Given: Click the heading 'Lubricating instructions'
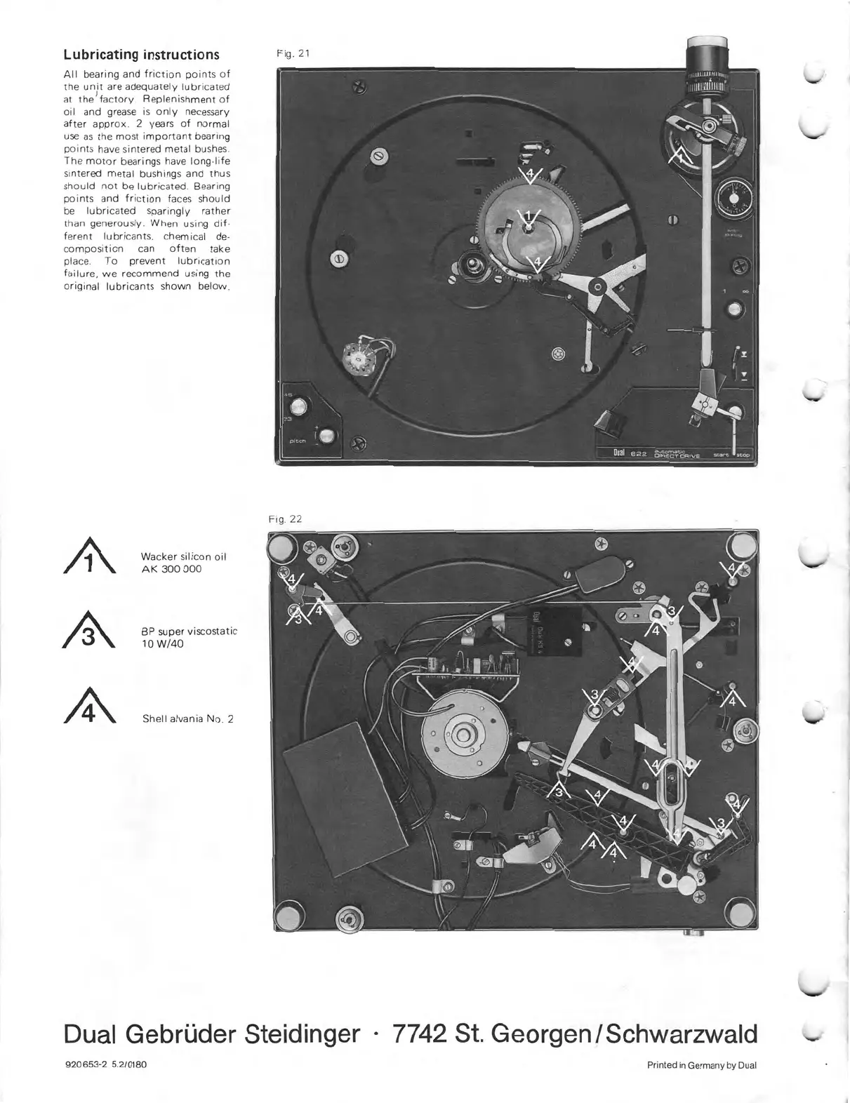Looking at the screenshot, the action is pyautogui.click(x=141, y=55).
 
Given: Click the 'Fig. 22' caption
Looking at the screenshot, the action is pyautogui.click(x=285, y=519).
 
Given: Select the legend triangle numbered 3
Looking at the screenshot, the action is pyautogui.click(x=89, y=634).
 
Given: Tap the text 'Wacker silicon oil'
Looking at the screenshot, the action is pyautogui.click(x=184, y=556).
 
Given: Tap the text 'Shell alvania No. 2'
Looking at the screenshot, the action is pyautogui.click(x=187, y=718).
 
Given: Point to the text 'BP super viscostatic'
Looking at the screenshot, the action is pyautogui.click(x=190, y=631).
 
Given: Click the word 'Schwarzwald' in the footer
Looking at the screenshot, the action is pyautogui.click(x=682, y=1034).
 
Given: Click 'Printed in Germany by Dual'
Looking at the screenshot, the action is pyautogui.click(x=701, y=1065).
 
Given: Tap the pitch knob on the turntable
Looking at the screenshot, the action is pyautogui.click(x=327, y=438).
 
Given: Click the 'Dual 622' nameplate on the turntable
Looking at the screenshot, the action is pyautogui.click(x=630, y=454).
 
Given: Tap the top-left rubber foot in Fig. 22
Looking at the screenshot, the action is pyautogui.click(x=284, y=546).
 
